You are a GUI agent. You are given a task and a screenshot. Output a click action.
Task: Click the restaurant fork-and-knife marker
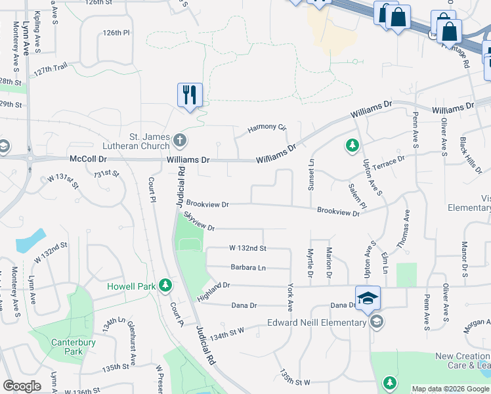[x=190, y=96]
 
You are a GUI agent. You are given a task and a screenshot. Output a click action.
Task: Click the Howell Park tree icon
[x=167, y=286]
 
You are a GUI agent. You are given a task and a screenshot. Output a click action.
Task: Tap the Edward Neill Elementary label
[x=317, y=322]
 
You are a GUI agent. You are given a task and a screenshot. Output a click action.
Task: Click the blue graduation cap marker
[x=368, y=299]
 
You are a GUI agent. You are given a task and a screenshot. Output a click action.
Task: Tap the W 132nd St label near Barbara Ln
[x=247, y=248]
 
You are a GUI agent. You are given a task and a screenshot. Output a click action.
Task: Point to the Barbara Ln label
[x=247, y=267]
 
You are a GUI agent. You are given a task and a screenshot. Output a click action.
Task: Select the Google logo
[x=22, y=386]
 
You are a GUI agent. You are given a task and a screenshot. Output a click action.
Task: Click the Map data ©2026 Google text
[x=451, y=389]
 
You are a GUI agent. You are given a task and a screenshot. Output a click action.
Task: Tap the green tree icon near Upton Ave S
[x=352, y=144]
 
